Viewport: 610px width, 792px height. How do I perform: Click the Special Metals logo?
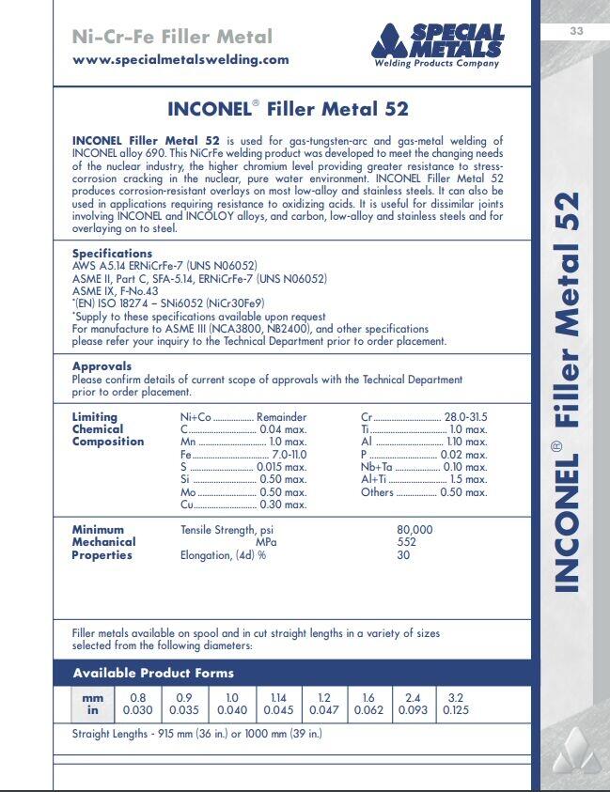pyautogui.click(x=437, y=45)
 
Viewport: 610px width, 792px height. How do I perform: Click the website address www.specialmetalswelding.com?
pyautogui.click(x=180, y=59)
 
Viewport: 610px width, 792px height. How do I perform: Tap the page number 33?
pyautogui.click(x=577, y=32)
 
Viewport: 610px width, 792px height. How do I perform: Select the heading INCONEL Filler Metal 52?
pyautogui.click(x=288, y=108)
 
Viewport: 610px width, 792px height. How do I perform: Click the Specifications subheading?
pyautogui.click(x=112, y=254)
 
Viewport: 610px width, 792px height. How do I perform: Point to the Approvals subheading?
pyautogui.click(x=102, y=366)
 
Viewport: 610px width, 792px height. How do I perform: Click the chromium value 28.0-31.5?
pyautogui.click(x=465, y=417)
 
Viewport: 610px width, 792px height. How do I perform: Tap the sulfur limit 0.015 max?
pyautogui.click(x=282, y=467)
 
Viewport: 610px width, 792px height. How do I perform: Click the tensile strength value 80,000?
pyautogui.click(x=414, y=530)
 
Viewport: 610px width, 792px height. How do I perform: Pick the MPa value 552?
pyautogui.click(x=406, y=542)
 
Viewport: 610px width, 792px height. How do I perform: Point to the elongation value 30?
pyautogui.click(x=403, y=555)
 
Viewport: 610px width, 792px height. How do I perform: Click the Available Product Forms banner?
pyautogui.click(x=153, y=673)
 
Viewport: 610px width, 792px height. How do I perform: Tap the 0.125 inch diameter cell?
pyautogui.click(x=457, y=710)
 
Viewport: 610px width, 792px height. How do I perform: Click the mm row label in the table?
pyautogui.click(x=92, y=698)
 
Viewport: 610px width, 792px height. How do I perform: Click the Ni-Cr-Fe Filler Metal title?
pyautogui.click(x=172, y=38)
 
